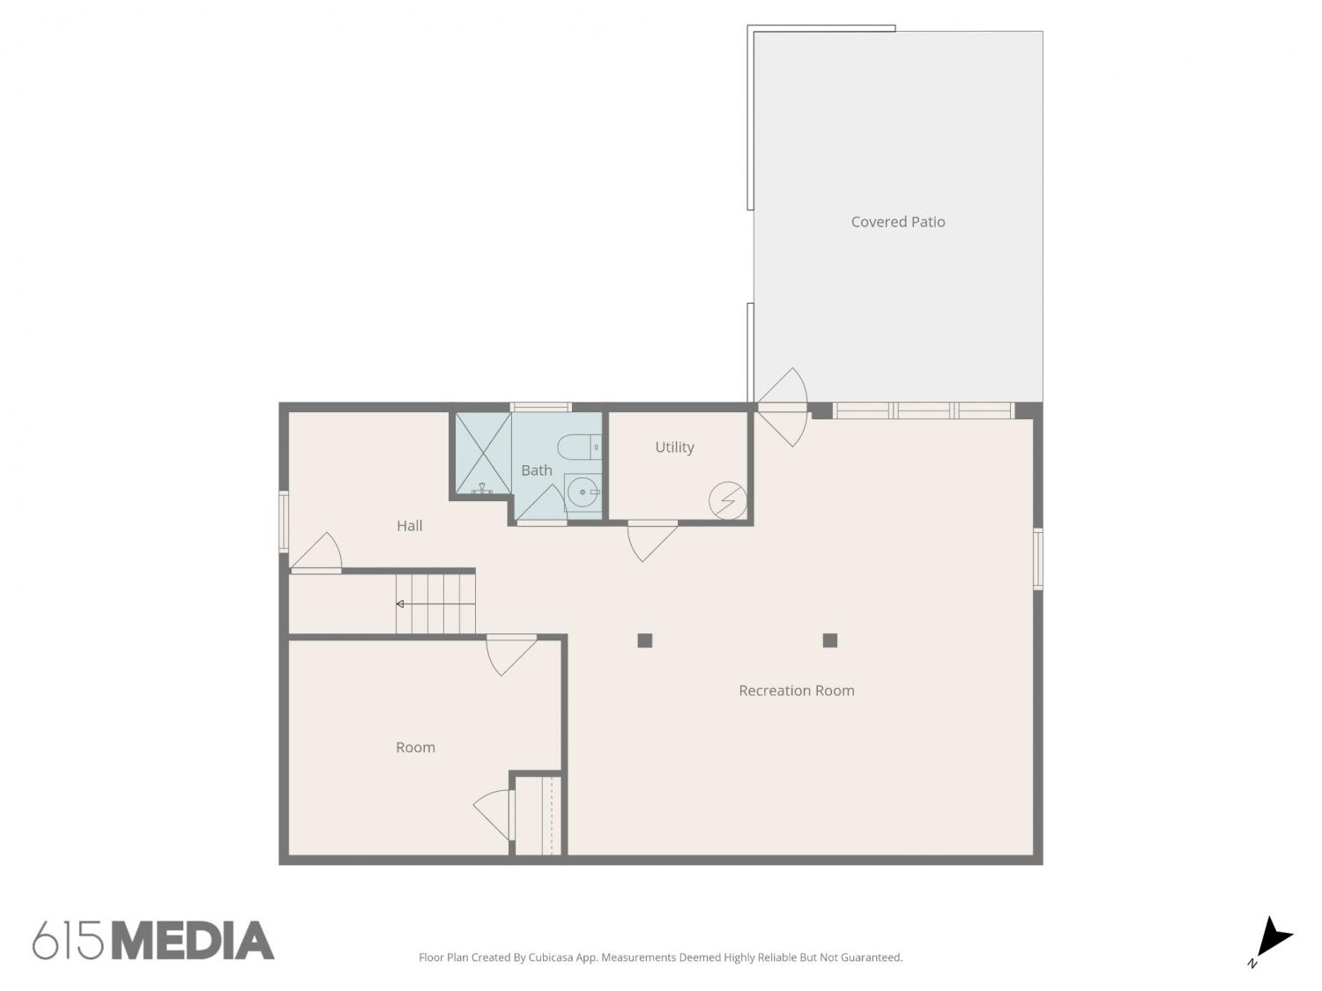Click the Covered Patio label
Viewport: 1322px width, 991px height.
(897, 222)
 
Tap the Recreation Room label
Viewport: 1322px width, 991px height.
(796, 690)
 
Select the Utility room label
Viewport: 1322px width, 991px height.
(674, 447)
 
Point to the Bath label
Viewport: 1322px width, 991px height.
(536, 470)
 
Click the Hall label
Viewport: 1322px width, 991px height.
(409, 525)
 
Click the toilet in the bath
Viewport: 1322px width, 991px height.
(579, 447)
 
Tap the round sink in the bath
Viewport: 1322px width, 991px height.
(583, 492)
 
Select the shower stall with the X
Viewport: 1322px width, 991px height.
(482, 453)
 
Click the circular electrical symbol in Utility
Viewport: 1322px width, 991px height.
(728, 500)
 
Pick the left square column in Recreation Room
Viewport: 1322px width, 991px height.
(644, 640)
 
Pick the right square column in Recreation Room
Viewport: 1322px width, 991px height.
(829, 640)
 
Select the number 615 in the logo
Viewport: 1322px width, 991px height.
(68, 941)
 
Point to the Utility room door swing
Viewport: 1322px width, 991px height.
(651, 541)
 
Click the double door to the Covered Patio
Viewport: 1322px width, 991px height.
(782, 407)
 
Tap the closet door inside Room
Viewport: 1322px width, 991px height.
(494, 816)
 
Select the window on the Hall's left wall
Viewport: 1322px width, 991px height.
(283, 521)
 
